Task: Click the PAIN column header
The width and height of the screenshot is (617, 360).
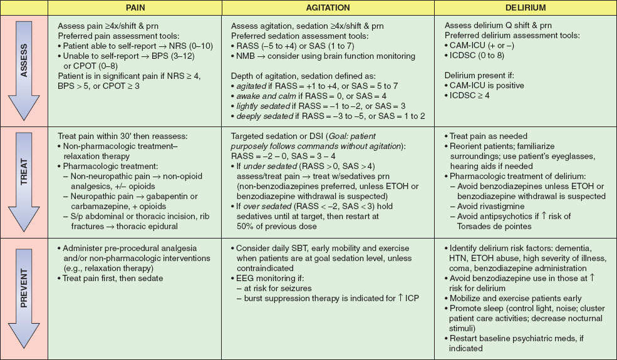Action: (x=137, y=8)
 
